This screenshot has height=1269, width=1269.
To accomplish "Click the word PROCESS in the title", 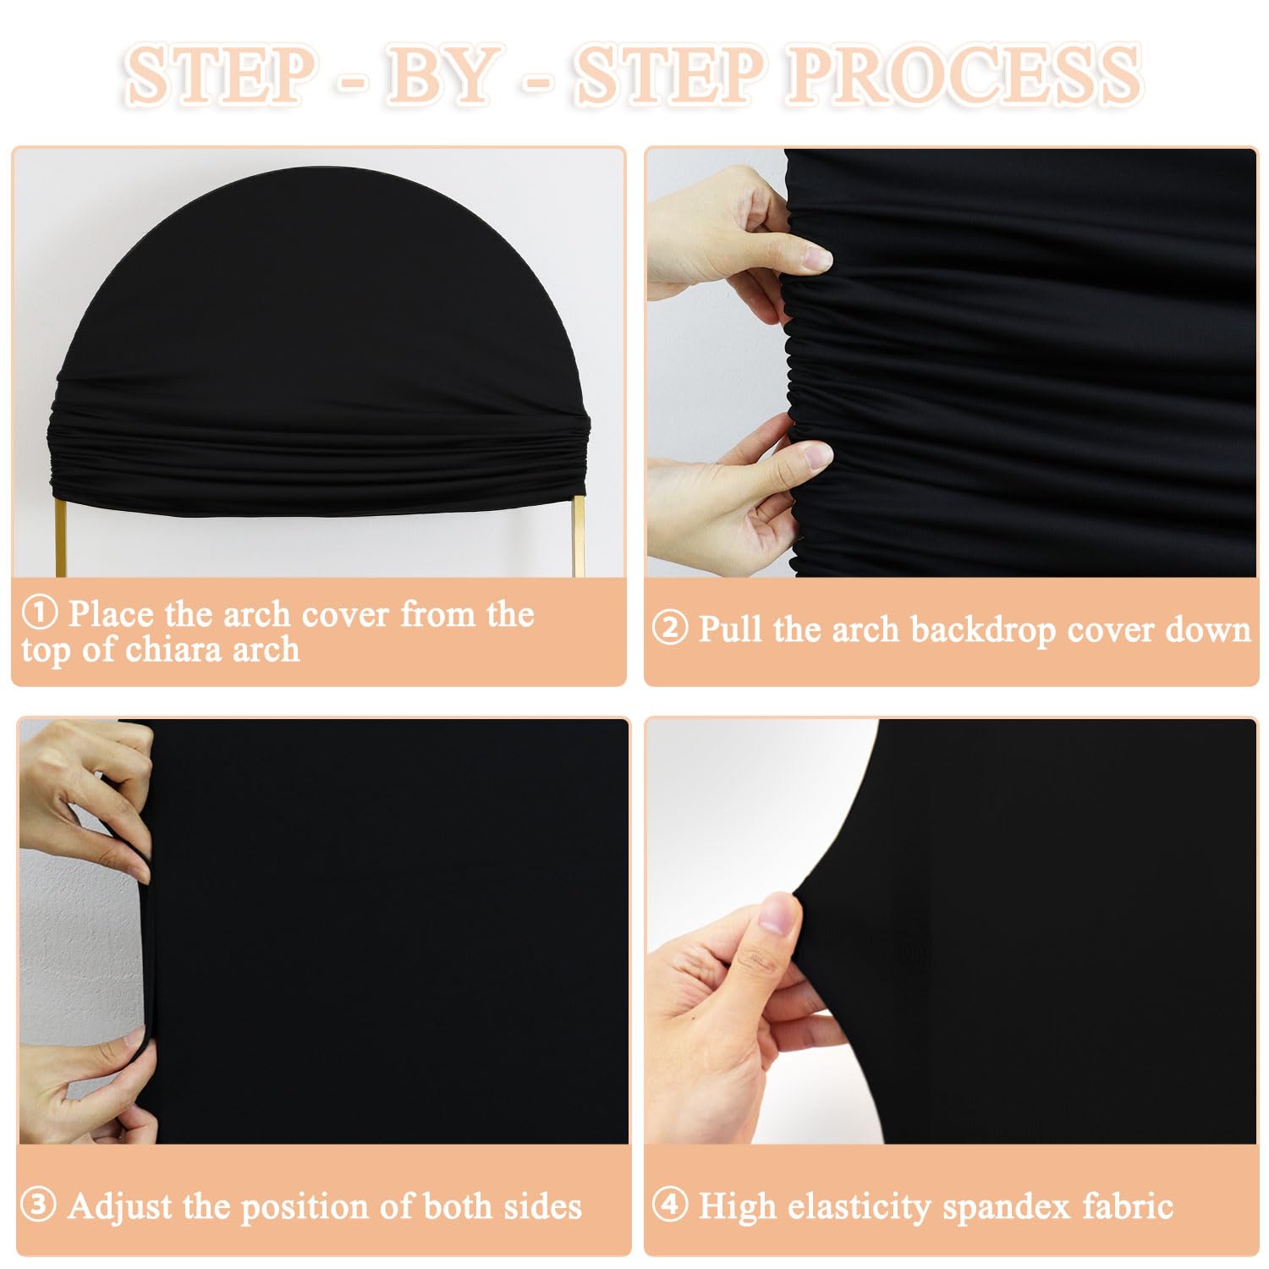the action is point(964,75).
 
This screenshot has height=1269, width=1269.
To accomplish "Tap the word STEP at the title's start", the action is point(220,75).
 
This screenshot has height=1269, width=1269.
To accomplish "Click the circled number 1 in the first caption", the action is point(39,613).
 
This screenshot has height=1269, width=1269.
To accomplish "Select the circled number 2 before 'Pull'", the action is point(670,629).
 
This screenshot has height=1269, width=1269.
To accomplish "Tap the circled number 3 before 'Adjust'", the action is point(38,1206).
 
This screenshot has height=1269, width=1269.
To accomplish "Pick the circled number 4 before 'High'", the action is point(670,1205).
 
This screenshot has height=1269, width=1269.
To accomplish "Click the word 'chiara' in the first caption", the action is point(171,649).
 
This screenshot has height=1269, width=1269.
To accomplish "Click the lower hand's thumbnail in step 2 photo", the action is point(816,458).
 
